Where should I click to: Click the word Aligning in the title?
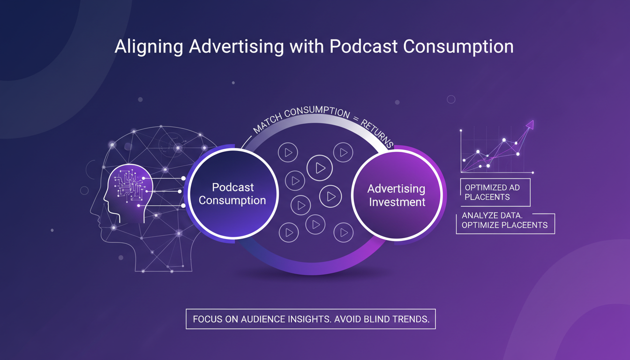150,47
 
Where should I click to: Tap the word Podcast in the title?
363,47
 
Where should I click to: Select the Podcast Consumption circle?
232,194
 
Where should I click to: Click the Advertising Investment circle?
396,195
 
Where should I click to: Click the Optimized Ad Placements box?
495,192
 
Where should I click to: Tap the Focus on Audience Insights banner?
311,319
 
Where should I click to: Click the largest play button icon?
320,167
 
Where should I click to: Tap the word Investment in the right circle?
397,202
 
